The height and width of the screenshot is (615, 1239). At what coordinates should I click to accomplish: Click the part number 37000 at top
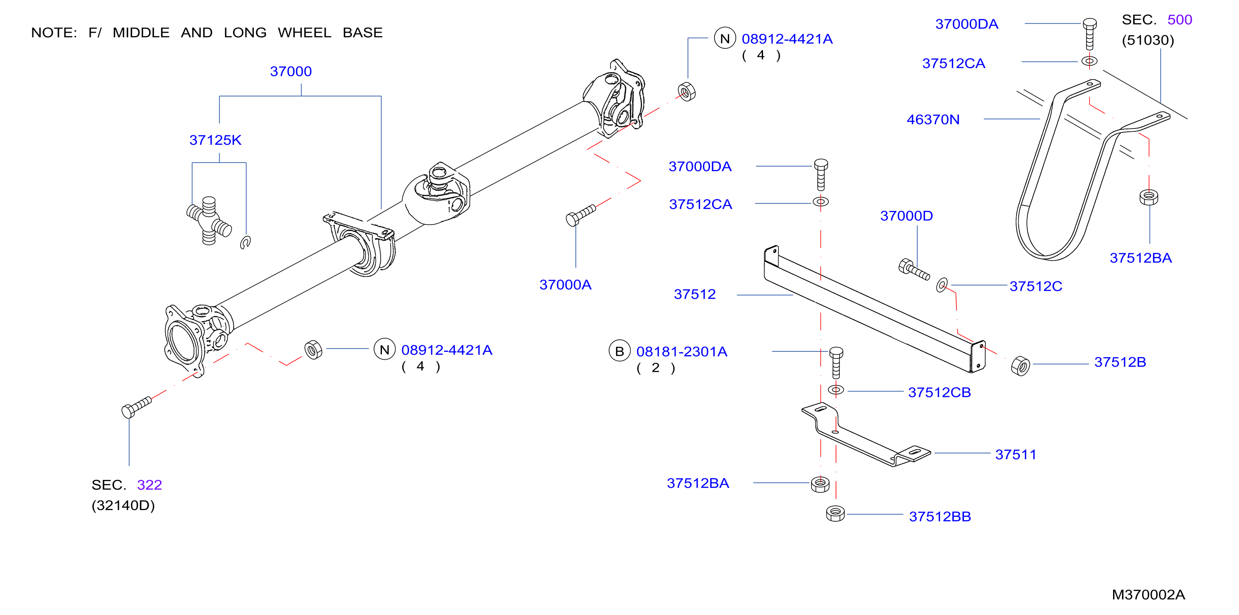point(290,71)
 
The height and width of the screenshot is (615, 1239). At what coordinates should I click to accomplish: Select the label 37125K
point(215,140)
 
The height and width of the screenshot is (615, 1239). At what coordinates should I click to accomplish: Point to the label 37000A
point(565,285)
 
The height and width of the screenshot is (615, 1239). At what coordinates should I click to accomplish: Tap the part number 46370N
point(933,119)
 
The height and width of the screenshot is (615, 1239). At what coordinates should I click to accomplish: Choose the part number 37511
point(1015,454)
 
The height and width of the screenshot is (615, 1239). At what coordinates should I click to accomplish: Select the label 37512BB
point(940,516)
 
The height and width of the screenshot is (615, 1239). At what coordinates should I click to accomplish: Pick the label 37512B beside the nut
point(1120,362)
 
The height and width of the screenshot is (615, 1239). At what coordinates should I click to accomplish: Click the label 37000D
point(907,215)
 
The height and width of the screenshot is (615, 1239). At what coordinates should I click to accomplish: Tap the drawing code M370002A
point(1148,595)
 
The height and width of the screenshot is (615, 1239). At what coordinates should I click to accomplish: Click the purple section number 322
point(149,484)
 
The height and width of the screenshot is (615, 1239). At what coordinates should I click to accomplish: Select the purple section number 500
point(1179,20)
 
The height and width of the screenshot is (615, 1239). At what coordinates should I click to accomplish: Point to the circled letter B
point(620,351)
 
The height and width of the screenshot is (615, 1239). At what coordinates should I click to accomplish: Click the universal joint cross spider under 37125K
point(209,221)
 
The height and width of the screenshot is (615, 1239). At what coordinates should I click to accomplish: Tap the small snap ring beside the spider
point(245,242)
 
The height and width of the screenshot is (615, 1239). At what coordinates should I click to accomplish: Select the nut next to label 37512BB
point(836,513)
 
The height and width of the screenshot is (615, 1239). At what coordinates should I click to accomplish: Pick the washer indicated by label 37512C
point(942,285)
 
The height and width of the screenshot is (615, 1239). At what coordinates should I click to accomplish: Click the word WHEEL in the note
point(304,33)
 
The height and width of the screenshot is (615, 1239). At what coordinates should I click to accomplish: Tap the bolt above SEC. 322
point(137,407)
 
